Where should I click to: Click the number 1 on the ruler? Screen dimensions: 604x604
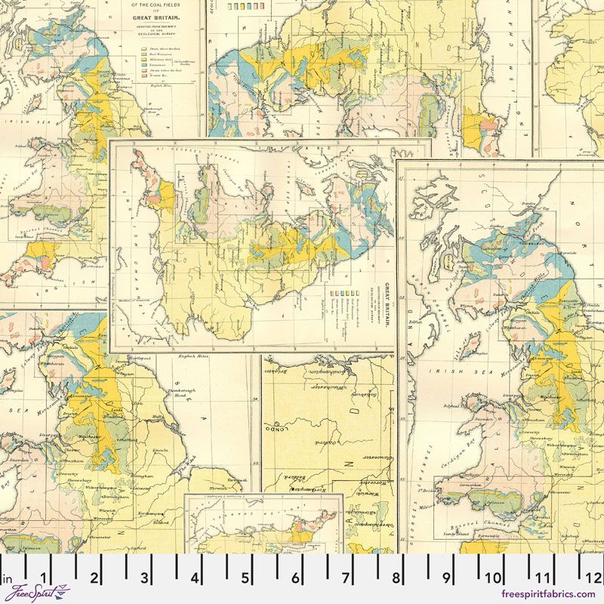tap(44, 578)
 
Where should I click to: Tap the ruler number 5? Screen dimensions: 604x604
tap(245, 578)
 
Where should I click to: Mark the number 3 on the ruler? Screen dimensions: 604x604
tap(144, 578)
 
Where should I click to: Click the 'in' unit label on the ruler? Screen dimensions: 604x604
tap(8, 580)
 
